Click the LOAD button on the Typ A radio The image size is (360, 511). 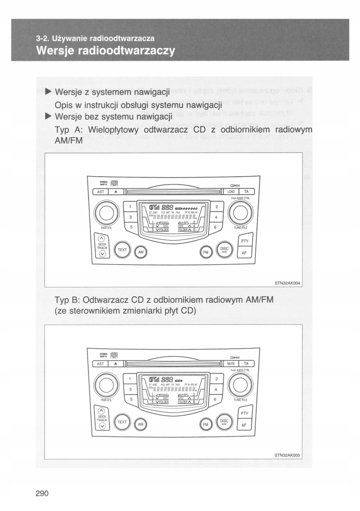click(231, 192)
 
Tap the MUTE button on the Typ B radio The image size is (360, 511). click(231, 364)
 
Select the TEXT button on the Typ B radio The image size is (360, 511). click(122, 422)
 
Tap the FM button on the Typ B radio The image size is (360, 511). click(206, 425)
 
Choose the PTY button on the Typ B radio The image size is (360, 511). click(244, 413)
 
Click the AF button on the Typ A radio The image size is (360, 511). click(244, 253)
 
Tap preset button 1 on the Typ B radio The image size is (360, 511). click(130, 378)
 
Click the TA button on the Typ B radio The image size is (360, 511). click(246, 364)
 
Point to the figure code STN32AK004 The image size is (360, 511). click(287, 283)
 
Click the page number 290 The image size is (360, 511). click(42, 494)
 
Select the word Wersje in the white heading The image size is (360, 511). click(54, 51)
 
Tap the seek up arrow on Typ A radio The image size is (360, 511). click(101, 239)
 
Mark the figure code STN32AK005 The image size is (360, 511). click(287, 455)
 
